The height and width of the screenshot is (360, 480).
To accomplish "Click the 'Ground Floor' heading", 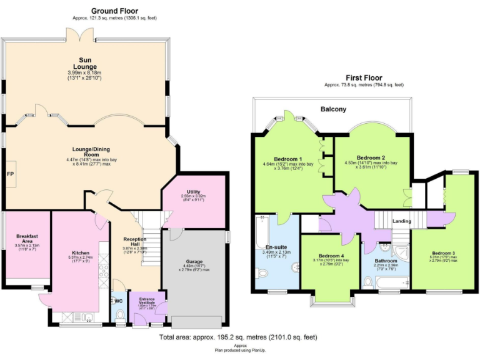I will (x=114, y=11).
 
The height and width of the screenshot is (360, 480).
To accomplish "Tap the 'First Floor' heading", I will (x=364, y=77).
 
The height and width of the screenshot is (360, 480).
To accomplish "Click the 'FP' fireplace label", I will (x=11, y=173).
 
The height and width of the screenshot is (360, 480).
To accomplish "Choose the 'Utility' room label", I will (x=193, y=192).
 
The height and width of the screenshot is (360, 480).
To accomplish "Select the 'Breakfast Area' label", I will (x=27, y=239).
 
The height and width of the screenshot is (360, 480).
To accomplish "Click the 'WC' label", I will (x=119, y=301).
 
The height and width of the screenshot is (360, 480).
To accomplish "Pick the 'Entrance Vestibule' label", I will (x=147, y=301).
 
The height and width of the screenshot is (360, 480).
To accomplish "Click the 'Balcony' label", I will (x=333, y=109).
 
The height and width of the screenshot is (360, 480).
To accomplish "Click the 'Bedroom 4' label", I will (x=331, y=256).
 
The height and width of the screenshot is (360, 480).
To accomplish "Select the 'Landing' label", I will (x=402, y=221).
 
